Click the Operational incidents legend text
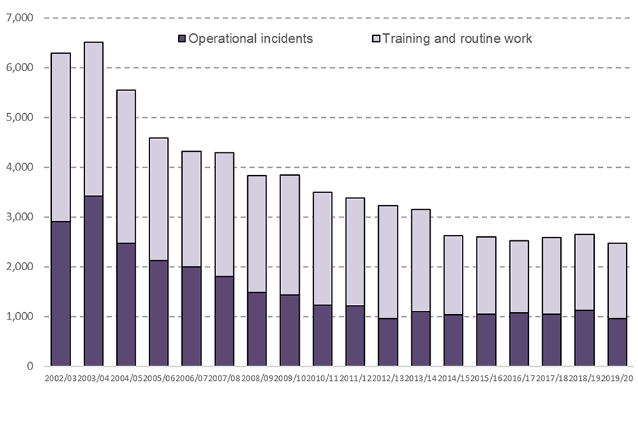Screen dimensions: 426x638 click(x=251, y=39)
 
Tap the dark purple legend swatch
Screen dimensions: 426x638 click(x=181, y=39)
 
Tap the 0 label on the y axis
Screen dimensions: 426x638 click(x=30, y=366)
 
